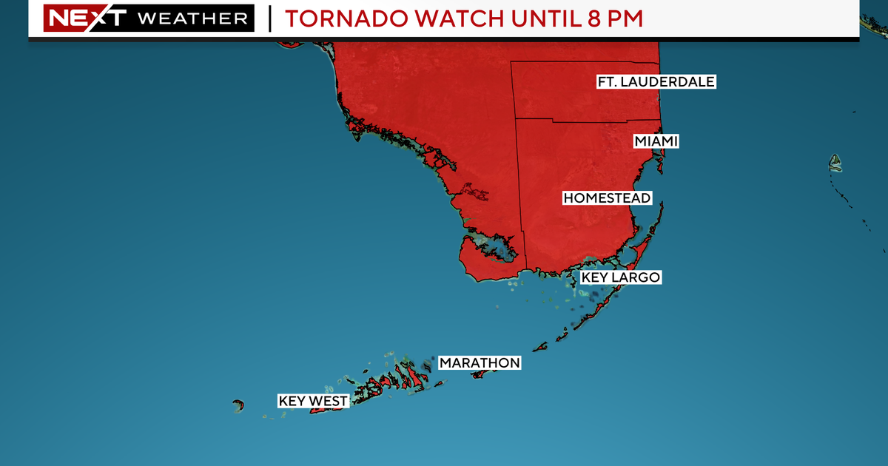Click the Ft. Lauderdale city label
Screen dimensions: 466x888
coord(656,81)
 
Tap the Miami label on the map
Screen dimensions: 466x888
coord(656,141)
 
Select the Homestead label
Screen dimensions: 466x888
coord(607,198)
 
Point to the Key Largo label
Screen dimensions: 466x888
coord(620,277)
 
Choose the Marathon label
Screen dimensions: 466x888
coord(480,362)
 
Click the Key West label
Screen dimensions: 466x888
coord(313,402)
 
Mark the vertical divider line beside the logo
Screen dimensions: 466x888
coord(269,18)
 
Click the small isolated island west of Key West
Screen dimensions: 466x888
coord(238,405)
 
